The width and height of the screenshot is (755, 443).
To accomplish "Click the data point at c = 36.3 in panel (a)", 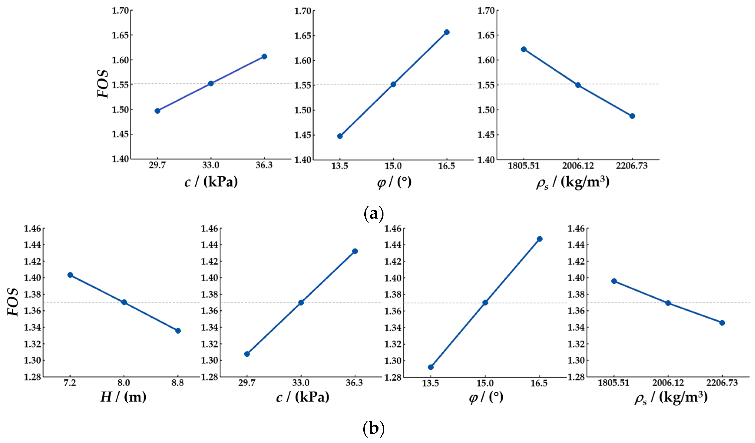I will [264, 56].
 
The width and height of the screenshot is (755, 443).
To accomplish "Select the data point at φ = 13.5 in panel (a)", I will [340, 136].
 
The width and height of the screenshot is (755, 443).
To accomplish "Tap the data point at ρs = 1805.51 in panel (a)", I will [524, 49].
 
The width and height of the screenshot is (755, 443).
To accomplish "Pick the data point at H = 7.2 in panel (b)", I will [70, 275].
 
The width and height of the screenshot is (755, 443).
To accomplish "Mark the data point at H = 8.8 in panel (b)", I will [178, 331].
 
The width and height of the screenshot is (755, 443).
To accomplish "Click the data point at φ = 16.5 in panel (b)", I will [540, 239].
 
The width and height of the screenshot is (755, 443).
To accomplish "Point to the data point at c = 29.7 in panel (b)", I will [247, 354].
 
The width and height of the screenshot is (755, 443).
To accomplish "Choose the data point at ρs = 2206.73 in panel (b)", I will [722, 323].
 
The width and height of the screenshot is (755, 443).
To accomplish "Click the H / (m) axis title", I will [123, 397].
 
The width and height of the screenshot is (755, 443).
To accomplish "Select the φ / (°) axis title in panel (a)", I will [394, 182].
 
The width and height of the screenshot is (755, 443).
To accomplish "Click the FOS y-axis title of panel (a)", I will [103, 84].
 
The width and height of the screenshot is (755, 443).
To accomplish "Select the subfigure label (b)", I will [373, 429].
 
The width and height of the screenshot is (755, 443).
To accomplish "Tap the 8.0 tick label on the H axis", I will [123, 383].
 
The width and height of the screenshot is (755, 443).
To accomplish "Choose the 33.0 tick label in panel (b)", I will [301, 383].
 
